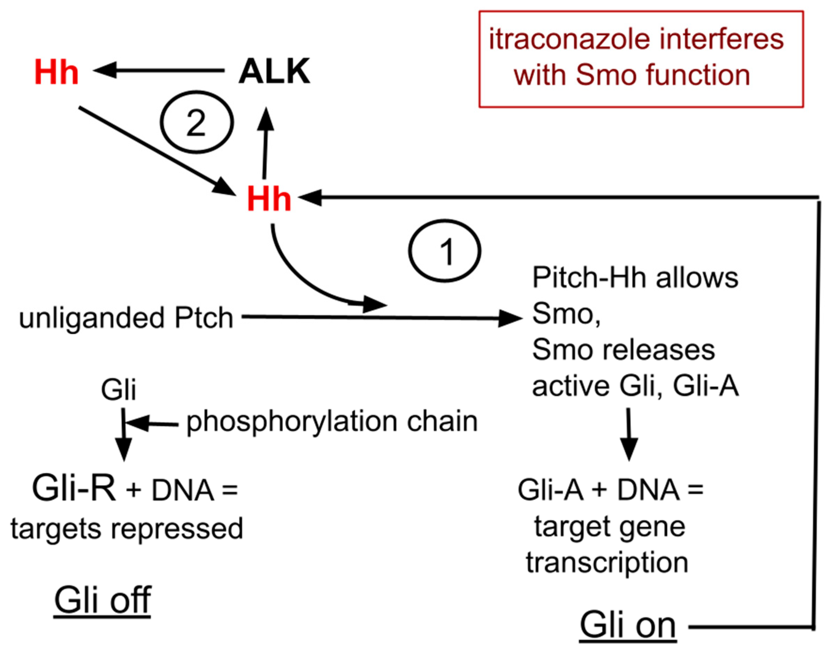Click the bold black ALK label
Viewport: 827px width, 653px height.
click(274, 71)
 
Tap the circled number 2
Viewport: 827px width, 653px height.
click(196, 122)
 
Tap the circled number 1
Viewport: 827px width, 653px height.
click(444, 251)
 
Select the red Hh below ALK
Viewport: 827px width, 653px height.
click(269, 199)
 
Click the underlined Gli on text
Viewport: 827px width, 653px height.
click(628, 625)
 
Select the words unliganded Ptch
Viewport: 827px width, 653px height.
click(126, 318)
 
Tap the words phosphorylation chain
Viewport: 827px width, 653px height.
click(332, 422)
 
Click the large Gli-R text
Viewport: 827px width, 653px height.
click(74, 489)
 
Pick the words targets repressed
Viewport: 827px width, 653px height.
click(127, 528)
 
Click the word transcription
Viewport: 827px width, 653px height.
click(607, 563)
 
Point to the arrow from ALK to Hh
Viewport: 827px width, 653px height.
click(159, 70)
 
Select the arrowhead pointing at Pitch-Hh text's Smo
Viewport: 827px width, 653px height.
click(511, 318)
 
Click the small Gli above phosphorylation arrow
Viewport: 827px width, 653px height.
click(118, 390)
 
